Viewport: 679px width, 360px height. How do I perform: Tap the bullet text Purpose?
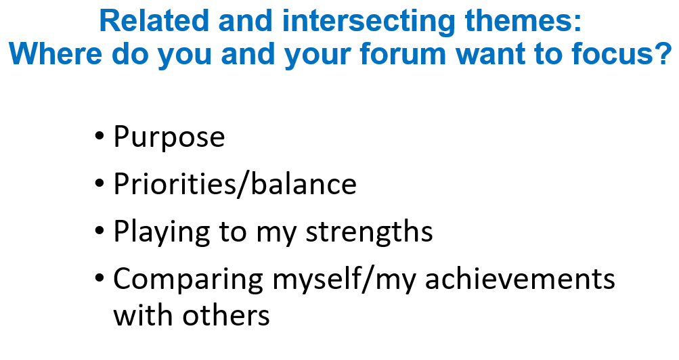[x=169, y=137]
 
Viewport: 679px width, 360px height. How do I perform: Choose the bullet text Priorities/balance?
[x=234, y=184]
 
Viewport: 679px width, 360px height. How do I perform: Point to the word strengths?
[x=369, y=231]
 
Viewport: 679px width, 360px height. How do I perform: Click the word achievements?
[x=520, y=279]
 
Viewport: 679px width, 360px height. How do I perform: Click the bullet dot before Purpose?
[x=100, y=137]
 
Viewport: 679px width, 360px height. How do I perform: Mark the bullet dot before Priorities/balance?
[x=100, y=185]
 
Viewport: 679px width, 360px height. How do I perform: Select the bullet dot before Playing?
[x=100, y=232]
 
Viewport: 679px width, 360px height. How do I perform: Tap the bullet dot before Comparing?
[x=100, y=279]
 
